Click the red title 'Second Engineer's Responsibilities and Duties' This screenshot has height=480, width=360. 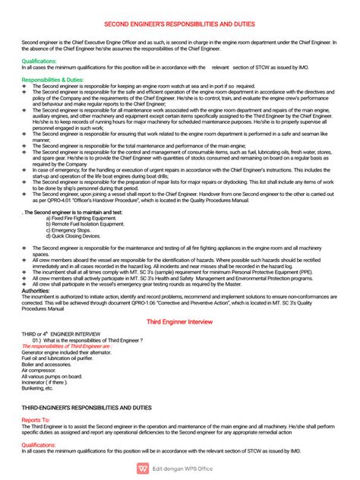180,24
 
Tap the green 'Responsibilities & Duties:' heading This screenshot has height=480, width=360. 53,79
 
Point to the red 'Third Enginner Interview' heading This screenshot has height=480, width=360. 180,322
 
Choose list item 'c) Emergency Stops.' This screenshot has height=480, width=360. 68,230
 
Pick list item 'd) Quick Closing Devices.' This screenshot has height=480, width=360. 74,236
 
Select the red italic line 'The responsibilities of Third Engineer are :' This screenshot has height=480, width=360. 67,346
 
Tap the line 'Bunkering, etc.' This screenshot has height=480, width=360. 38,390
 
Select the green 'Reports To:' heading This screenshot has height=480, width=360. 36,419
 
